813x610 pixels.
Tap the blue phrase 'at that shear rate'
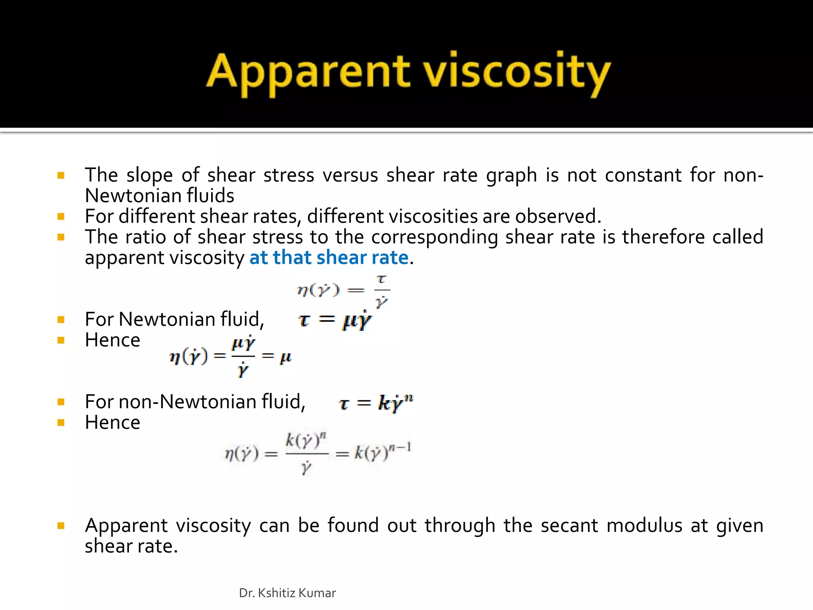coord(329,257)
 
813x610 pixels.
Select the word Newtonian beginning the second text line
coord(133,195)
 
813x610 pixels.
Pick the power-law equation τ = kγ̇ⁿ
coord(376,403)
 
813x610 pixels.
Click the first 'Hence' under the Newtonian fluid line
coord(112,340)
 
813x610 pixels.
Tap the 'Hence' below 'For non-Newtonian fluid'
coord(112,422)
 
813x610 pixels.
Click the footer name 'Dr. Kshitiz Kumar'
coord(287,593)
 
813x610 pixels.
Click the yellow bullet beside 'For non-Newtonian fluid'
coord(61,402)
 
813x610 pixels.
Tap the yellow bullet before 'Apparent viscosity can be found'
coord(61,526)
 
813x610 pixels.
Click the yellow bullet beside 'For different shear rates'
coord(61,216)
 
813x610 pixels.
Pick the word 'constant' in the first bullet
coord(643,175)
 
